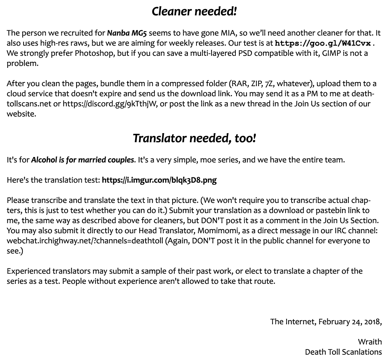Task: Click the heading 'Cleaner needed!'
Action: point(194,12)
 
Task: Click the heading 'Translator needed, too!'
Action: point(194,138)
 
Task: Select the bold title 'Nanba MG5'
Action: point(127,33)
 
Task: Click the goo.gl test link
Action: point(323,44)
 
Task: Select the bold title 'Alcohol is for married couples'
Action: point(82,160)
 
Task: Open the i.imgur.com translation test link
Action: point(159,181)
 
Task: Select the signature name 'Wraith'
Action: point(370,342)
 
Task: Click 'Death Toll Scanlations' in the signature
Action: point(343,352)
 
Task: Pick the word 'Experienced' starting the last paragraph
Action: point(28,271)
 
